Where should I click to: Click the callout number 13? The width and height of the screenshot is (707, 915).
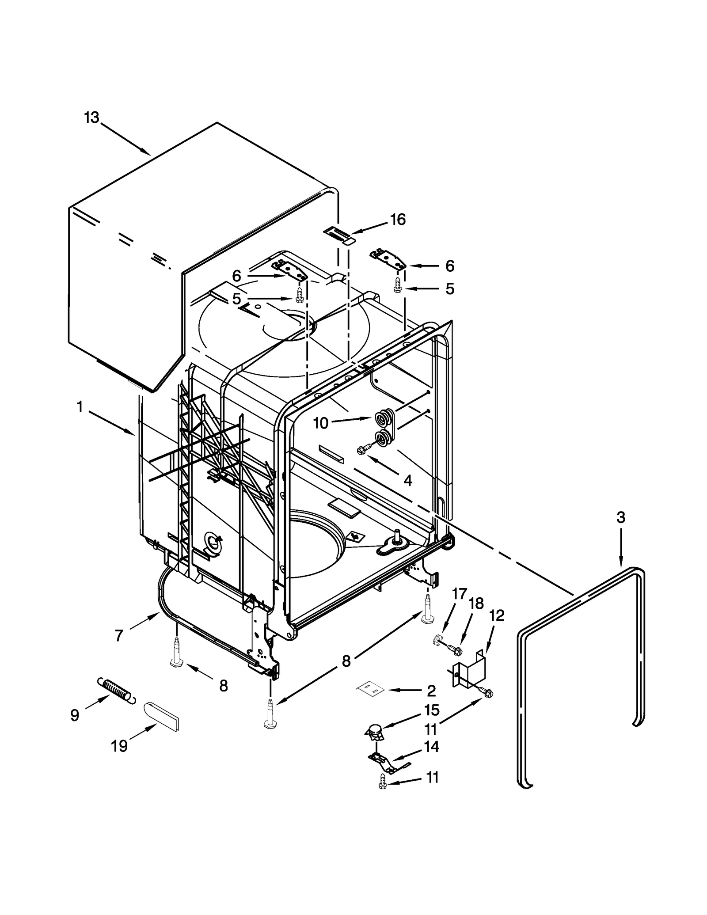pyautogui.click(x=92, y=118)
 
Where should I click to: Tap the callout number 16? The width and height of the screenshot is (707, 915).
pyautogui.click(x=398, y=220)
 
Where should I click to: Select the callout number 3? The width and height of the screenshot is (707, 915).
pyautogui.click(x=621, y=517)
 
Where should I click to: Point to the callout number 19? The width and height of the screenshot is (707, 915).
pyautogui.click(x=119, y=746)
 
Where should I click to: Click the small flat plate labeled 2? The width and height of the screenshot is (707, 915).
pyautogui.click(x=370, y=690)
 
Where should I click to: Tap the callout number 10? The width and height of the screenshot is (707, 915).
pyautogui.click(x=321, y=423)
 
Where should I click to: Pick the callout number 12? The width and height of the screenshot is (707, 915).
pyautogui.click(x=497, y=615)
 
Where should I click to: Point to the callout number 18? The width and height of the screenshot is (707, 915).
pyautogui.click(x=476, y=604)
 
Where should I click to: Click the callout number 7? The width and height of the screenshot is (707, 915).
pyautogui.click(x=118, y=636)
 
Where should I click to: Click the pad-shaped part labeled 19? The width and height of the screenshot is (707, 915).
pyautogui.click(x=162, y=716)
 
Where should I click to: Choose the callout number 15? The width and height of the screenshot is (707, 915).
pyautogui.click(x=432, y=710)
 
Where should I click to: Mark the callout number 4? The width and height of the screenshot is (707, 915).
pyautogui.click(x=408, y=481)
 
